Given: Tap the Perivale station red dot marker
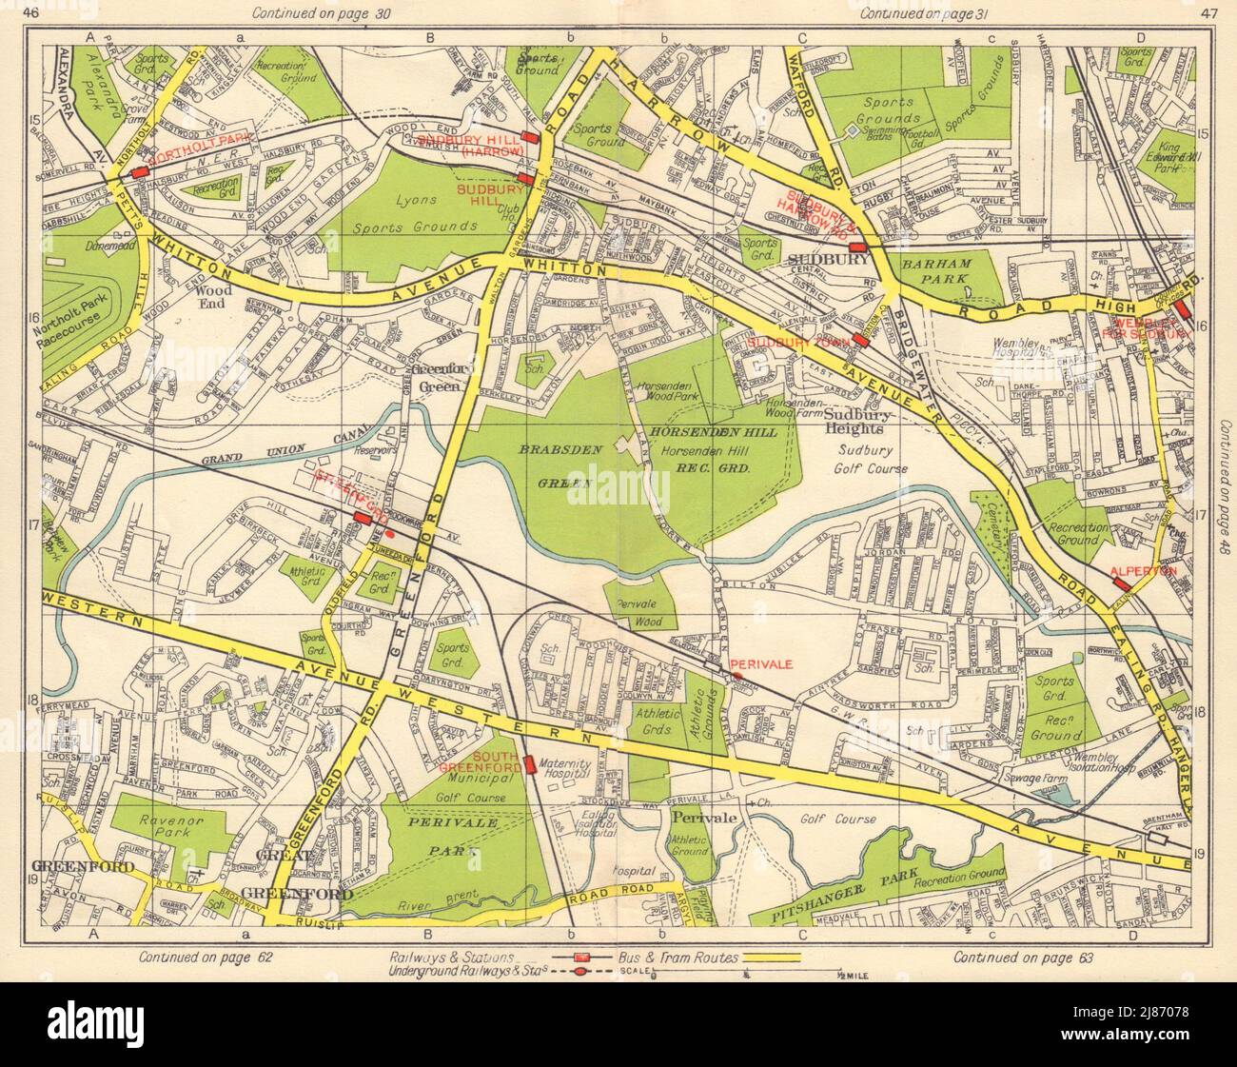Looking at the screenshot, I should pyautogui.click(x=737, y=676).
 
